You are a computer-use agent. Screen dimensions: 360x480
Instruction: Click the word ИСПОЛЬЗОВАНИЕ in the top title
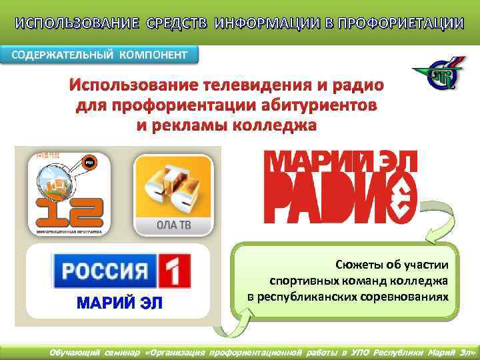[x=58, y=24]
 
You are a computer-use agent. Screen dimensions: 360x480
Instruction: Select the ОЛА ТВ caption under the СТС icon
[x=173, y=225]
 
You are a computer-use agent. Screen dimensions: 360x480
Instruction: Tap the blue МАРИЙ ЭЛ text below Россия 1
[x=120, y=305]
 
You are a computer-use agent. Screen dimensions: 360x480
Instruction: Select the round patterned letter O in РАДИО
[x=399, y=200]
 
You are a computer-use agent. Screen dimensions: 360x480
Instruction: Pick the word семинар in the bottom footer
[x=119, y=352]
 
